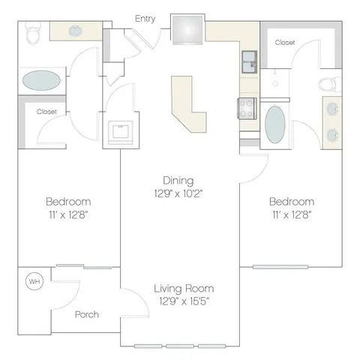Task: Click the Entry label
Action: click(145, 19)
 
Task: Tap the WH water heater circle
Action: click(34, 281)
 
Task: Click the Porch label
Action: click(87, 314)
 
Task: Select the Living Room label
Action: click(184, 289)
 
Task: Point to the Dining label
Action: click(178, 181)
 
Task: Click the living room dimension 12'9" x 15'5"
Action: click(184, 301)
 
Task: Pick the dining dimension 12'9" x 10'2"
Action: click(178, 193)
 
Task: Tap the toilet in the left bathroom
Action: click(33, 32)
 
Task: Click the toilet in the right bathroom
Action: click(330, 84)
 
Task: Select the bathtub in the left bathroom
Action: click(41, 80)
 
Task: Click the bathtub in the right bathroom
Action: click(275, 124)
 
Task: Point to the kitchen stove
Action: click(247, 108)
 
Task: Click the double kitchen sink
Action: click(249, 61)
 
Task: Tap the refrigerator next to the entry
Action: click(187, 30)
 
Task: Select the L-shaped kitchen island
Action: click(189, 104)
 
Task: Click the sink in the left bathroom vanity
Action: click(76, 31)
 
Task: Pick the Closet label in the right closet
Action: click(285, 43)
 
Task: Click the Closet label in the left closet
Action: click(46, 112)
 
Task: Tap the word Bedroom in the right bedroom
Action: click(292, 202)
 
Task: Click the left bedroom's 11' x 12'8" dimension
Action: click(68, 214)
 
